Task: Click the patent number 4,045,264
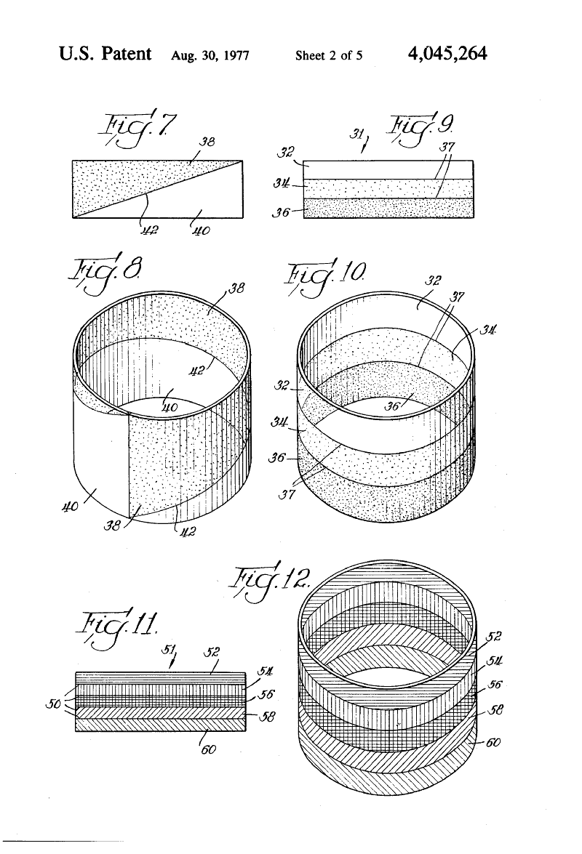click(x=447, y=53)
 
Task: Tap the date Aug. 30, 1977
click(x=210, y=55)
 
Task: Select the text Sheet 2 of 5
click(x=329, y=55)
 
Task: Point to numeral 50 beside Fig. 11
click(x=53, y=704)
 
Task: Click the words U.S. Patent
click(x=105, y=53)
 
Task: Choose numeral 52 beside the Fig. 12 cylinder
click(x=493, y=636)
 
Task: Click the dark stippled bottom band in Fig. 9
click(x=388, y=208)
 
